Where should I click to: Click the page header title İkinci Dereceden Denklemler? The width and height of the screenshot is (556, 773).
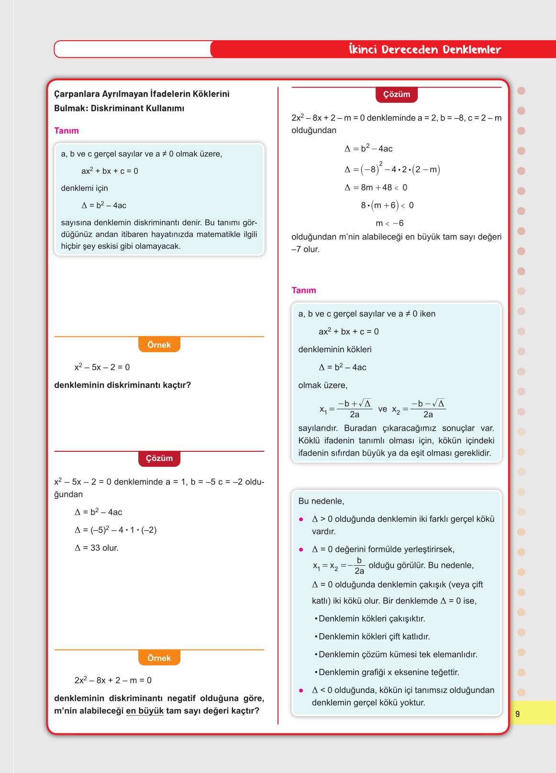[425, 49]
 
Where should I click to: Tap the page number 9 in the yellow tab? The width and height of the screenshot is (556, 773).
[517, 714]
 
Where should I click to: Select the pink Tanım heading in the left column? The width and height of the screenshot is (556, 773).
[67, 131]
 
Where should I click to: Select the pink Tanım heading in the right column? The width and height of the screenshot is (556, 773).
[304, 291]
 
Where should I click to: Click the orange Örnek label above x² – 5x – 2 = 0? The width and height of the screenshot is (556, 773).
[159, 345]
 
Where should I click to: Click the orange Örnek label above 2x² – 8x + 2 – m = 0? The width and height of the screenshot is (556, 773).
[159, 658]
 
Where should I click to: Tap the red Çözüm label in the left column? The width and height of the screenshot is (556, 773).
[159, 459]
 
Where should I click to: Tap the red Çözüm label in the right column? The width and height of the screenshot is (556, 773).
[397, 94]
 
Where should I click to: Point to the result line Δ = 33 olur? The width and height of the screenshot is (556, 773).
[97, 548]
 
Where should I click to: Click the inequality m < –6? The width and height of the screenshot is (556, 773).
[389, 224]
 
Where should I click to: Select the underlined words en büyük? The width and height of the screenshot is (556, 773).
[145, 711]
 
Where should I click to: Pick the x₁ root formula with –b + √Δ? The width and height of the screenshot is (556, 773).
[346, 409]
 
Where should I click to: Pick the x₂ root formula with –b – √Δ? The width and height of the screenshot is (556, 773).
[419, 409]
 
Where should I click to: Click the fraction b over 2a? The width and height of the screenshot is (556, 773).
[359, 566]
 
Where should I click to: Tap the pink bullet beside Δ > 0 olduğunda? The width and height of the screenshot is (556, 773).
[301, 519]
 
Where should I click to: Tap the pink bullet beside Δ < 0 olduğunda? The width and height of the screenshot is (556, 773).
[301, 690]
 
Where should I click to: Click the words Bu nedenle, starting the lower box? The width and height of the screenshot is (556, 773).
[321, 501]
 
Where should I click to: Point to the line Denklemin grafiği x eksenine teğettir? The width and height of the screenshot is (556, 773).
[389, 672]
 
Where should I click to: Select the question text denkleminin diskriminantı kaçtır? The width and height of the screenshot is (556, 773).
[122, 385]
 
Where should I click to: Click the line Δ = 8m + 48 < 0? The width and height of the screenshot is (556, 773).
[376, 188]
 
